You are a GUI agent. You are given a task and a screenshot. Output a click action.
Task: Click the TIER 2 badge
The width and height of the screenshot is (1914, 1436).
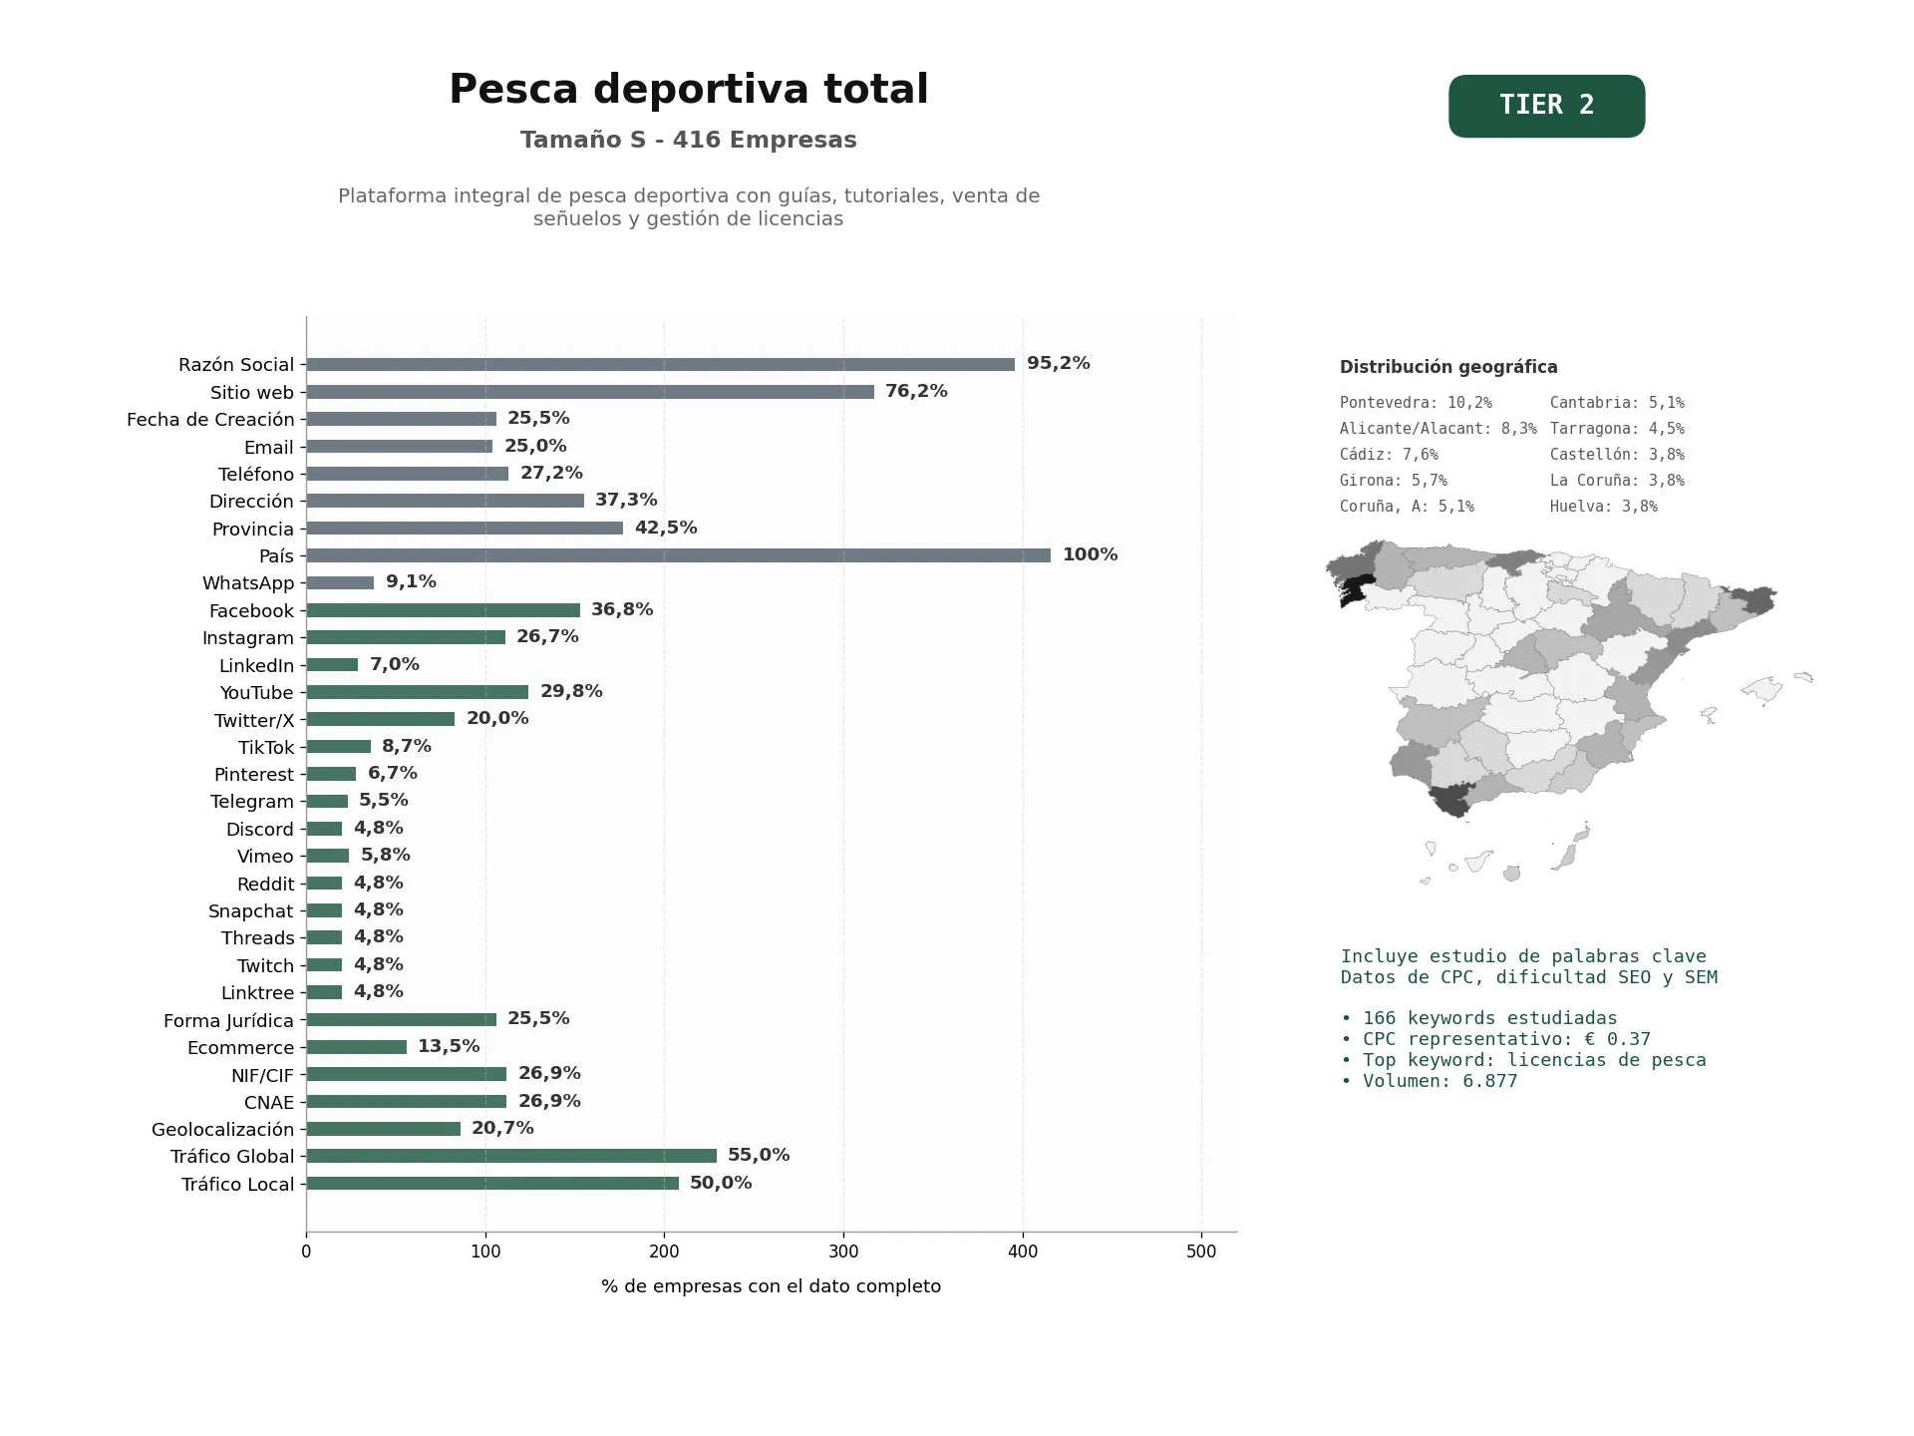[x=1546, y=106]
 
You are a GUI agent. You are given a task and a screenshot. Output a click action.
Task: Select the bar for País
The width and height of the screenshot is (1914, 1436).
[x=678, y=555]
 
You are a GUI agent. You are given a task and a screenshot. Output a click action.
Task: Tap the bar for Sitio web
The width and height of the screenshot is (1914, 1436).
[x=590, y=392]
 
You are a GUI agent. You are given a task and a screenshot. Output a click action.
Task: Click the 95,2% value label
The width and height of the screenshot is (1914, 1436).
[x=1059, y=364]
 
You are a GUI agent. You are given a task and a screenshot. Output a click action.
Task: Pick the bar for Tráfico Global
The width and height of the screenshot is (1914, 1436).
[x=511, y=1156]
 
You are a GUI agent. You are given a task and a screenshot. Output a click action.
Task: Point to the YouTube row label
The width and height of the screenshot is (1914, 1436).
[x=257, y=693]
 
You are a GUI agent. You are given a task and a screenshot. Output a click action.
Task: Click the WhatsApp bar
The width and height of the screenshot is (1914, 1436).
[x=340, y=582]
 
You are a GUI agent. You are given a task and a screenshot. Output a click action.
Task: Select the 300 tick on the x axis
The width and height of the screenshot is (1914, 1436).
[x=843, y=1253]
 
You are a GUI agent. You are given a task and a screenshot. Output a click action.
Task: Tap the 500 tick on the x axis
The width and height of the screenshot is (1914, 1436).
[x=1201, y=1253]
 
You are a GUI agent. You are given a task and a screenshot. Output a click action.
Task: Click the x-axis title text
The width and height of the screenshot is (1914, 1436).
[x=771, y=1286]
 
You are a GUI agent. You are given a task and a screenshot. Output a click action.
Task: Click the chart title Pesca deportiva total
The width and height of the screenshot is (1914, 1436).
[x=689, y=89]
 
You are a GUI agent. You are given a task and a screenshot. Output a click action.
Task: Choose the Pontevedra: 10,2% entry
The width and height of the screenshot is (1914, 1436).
[x=1416, y=403]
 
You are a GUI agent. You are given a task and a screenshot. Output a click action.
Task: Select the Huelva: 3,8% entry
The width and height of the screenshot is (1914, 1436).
[x=1604, y=507]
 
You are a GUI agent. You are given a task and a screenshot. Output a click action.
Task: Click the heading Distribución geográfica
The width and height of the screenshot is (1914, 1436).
[x=1448, y=367]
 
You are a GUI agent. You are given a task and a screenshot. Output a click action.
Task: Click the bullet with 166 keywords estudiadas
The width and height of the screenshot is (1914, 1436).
[x=1479, y=1018]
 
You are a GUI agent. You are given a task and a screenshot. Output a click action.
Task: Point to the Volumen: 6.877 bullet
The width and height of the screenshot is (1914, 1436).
[x=1430, y=1081]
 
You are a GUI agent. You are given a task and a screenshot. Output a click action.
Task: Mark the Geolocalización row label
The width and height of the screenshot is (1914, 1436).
[x=223, y=1130]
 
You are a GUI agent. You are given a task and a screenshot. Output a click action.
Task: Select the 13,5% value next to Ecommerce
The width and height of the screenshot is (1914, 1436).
[x=449, y=1046]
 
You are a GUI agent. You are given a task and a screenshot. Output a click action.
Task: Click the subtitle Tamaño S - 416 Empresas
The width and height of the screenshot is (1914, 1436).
[x=689, y=140]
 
